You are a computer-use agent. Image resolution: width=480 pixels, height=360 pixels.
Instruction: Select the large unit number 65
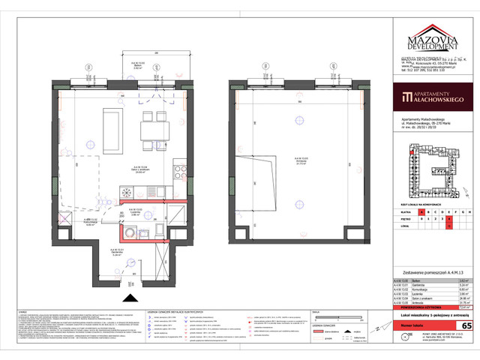click(x=466, y=326)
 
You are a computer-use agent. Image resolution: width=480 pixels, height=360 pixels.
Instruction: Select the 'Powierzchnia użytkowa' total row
click(x=427, y=307)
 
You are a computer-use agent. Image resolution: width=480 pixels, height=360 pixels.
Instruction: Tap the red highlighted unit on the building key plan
click(x=409, y=155)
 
